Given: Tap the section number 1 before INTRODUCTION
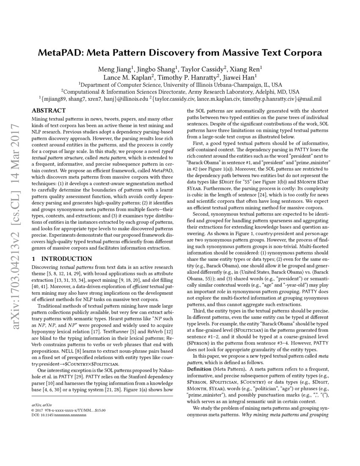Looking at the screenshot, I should (34, 259).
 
